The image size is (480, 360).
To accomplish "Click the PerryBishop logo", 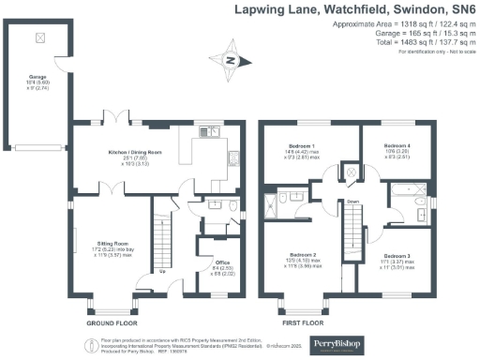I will coord(391,340).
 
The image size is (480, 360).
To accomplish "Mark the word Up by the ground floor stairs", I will coord(164,274).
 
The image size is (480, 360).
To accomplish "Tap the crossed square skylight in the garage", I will coord(38,38).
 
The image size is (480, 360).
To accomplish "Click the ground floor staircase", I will coord(163,238).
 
